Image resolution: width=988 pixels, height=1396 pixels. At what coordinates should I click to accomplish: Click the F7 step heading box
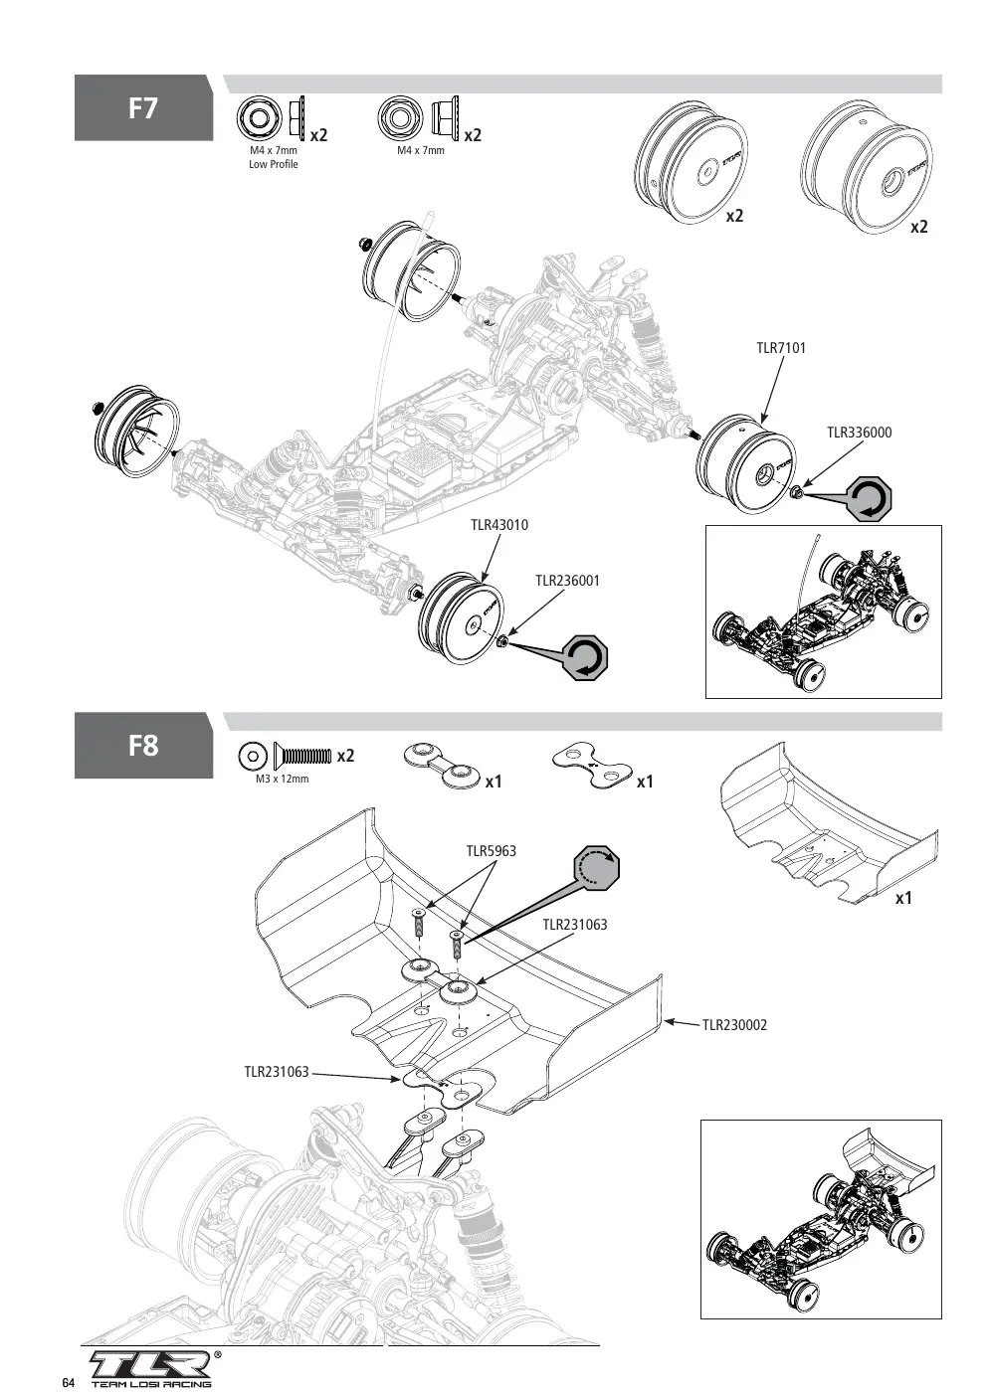(143, 107)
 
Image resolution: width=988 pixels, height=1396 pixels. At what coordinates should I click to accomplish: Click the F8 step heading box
(143, 746)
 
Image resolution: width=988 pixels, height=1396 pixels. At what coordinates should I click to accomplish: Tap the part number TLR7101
(781, 348)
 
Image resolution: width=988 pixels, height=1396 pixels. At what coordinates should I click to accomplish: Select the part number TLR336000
(859, 433)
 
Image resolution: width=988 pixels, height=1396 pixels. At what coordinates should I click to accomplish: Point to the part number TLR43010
(499, 525)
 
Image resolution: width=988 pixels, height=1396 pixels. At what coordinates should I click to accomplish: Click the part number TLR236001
(567, 581)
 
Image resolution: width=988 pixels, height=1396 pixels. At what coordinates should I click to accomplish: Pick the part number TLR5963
(491, 851)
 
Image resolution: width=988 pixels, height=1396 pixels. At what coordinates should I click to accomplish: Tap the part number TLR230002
(734, 1025)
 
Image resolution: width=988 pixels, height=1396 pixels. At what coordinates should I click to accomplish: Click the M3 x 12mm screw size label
(282, 779)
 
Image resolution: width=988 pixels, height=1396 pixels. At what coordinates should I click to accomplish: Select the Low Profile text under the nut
(274, 164)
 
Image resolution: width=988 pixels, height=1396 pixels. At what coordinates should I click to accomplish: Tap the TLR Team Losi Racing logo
(152, 1368)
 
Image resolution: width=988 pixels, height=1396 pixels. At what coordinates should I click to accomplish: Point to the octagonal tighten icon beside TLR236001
(585, 657)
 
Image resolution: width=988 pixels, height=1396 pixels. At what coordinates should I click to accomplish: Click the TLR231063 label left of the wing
(277, 1072)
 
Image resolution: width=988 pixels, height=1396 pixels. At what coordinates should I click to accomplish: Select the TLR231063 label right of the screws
(574, 925)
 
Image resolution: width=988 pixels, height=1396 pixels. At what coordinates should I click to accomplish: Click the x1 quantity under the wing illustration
(903, 898)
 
